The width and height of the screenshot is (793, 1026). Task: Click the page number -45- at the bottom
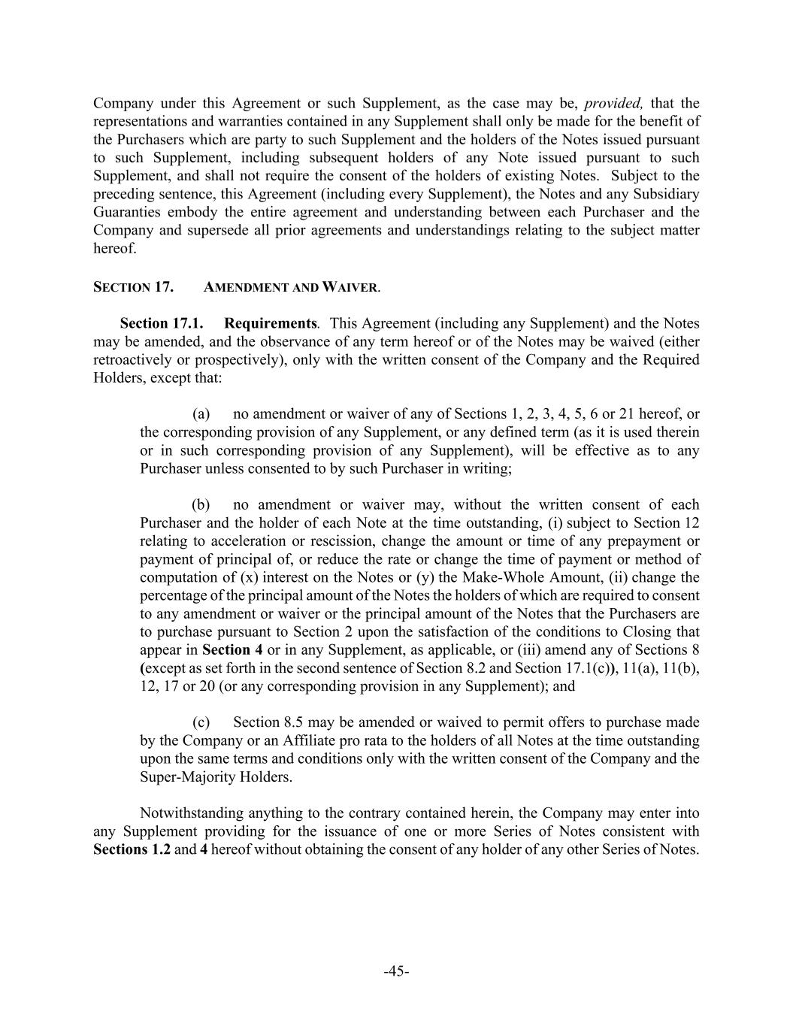pos(396,971)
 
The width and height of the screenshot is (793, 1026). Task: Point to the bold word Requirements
pos(270,323)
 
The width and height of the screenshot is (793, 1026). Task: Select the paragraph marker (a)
pos(201,414)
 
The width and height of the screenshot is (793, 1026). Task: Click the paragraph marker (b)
pos(201,504)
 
